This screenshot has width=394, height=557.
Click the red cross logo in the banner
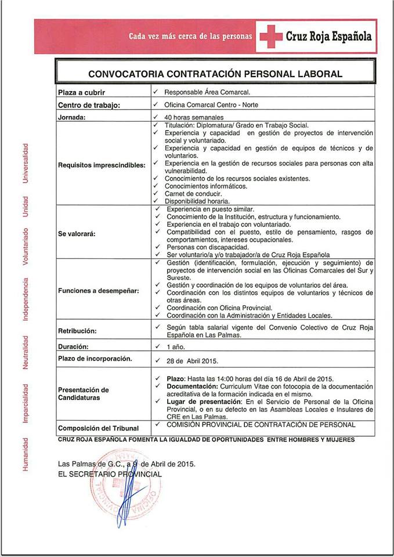click(270, 37)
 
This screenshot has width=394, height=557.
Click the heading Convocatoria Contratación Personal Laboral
click(215, 74)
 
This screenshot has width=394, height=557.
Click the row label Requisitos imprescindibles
click(102, 165)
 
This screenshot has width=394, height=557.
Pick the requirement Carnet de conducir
click(193, 193)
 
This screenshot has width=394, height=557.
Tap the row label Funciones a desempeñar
click(99, 291)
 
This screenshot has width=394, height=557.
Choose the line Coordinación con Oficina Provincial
click(219, 308)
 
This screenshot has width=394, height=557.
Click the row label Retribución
click(77, 331)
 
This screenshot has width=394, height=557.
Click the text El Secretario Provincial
click(110, 474)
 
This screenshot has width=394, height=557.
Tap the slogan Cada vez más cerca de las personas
click(190, 36)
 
